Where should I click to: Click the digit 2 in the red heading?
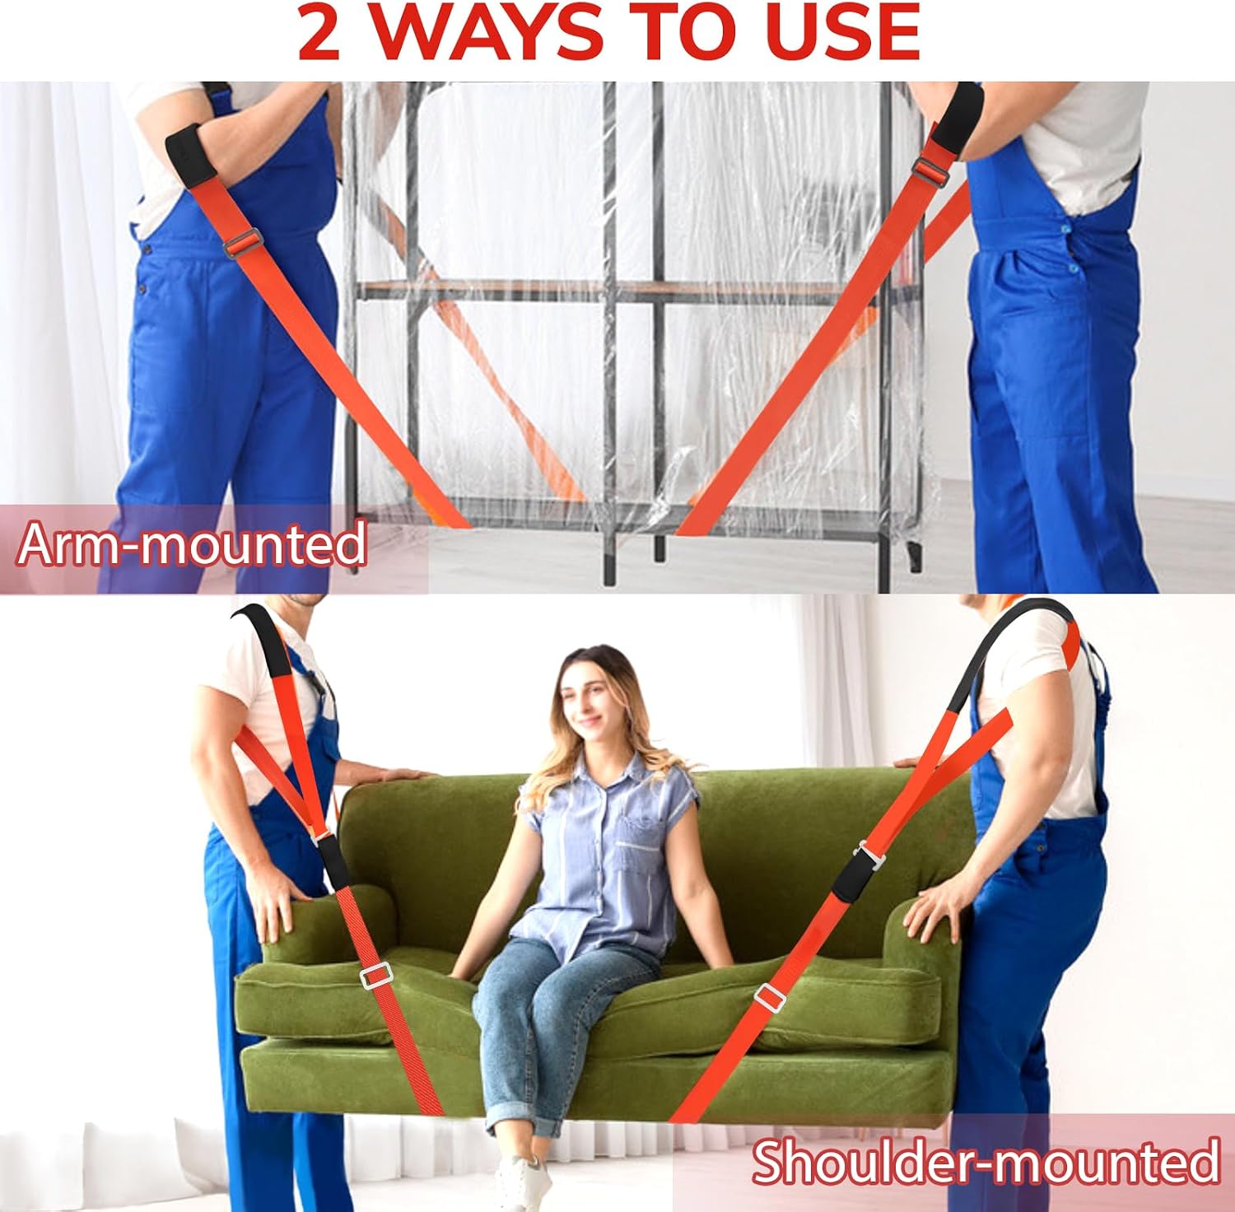coord(319,32)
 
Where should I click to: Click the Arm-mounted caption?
coord(191,544)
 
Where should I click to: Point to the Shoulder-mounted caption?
coord(986,1162)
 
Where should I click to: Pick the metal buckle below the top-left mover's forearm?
coord(242,243)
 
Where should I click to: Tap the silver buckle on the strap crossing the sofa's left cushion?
coord(376,976)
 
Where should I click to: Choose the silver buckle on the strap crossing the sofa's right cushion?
coord(771,996)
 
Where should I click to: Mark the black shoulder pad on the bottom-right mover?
coord(1004,650)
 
